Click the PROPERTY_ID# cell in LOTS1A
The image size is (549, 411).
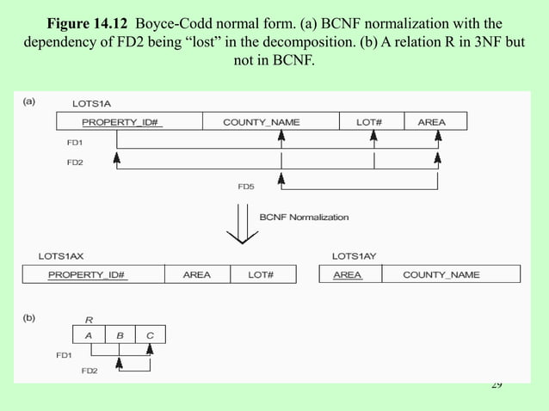point(129,122)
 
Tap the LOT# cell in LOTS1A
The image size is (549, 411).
point(368,122)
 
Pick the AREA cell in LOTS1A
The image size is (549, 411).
point(431,122)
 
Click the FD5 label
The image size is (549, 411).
point(246,186)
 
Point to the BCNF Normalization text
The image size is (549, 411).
point(305,218)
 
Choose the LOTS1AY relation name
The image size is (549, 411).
point(355,256)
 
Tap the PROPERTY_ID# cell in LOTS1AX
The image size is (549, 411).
point(93,275)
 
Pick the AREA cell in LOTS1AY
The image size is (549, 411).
point(348,275)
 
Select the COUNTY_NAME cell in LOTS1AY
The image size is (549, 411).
point(441,275)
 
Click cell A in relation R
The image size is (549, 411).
point(89,334)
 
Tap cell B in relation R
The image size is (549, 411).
point(120,334)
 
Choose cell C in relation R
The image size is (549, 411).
point(150,334)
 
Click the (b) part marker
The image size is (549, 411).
point(28,316)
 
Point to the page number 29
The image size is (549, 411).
point(497,384)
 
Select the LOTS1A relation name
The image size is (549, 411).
point(92,102)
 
